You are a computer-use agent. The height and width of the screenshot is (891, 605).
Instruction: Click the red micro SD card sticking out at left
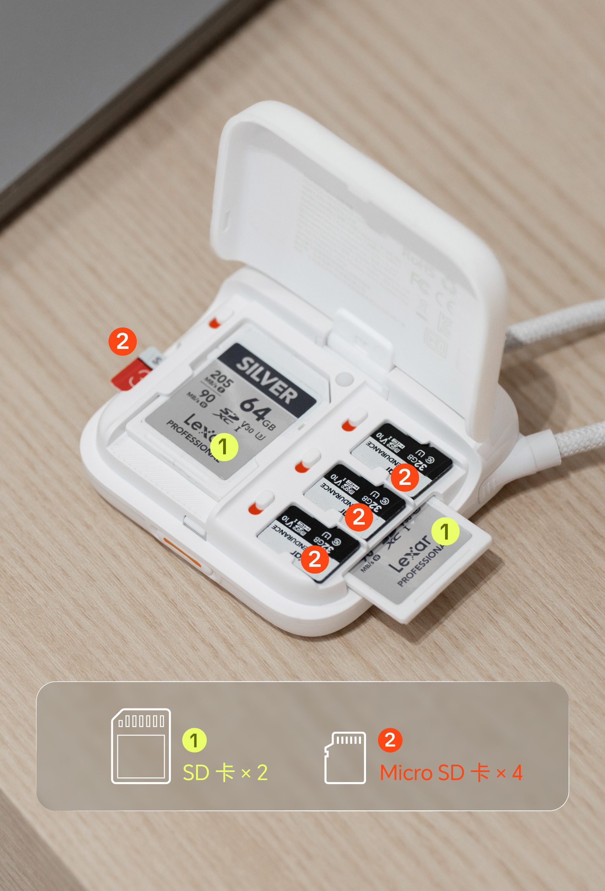[x=130, y=374]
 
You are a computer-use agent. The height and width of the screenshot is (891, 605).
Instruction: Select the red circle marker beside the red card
[x=122, y=341]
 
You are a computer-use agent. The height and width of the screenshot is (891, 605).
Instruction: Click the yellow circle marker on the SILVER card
[x=224, y=447]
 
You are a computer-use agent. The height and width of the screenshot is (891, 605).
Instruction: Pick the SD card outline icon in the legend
[x=141, y=746]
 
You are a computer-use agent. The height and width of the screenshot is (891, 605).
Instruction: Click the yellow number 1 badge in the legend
[x=194, y=740]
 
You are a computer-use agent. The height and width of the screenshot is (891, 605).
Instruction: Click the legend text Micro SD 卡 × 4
[x=451, y=772]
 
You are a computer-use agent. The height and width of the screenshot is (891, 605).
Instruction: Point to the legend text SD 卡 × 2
[x=225, y=772]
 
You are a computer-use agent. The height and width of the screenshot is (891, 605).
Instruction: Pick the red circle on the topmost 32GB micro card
[x=404, y=477]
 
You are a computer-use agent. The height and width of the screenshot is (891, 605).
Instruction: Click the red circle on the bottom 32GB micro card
[x=315, y=559]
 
